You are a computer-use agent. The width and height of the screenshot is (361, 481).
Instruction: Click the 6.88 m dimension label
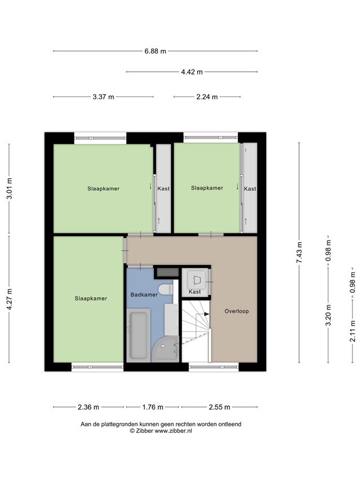coord(155,51)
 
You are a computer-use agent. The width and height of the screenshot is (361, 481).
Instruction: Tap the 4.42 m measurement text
coord(192,72)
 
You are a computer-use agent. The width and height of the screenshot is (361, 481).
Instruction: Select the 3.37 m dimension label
coord(103,97)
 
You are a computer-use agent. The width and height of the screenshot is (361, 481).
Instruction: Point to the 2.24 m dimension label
coord(207,97)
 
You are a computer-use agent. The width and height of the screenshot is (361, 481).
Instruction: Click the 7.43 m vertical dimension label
coord(300,252)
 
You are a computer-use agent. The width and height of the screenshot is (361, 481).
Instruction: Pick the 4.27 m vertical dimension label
coord(9,299)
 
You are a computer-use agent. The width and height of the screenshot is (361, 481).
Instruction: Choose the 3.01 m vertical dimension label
coord(9,188)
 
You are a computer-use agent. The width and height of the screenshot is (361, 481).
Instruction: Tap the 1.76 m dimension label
coord(152,407)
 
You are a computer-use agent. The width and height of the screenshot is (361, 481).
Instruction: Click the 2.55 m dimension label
coord(219,407)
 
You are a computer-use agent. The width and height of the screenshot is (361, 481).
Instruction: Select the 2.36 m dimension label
coord(89,407)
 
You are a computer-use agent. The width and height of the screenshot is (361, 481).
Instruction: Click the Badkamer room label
coord(144,295)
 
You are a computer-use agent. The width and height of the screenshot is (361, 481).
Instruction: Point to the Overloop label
coord(237,311)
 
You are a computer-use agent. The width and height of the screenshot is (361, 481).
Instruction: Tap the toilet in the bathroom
coord(166,289)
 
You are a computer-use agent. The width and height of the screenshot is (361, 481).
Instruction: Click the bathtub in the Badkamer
coord(138,336)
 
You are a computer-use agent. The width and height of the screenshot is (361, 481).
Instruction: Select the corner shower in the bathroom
coord(166,349)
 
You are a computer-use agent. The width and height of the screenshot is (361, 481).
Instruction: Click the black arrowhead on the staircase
coord(207,314)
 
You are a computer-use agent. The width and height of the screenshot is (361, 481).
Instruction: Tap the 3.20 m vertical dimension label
coord(328,315)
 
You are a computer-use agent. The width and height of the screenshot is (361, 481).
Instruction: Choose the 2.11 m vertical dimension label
coord(353,332)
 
